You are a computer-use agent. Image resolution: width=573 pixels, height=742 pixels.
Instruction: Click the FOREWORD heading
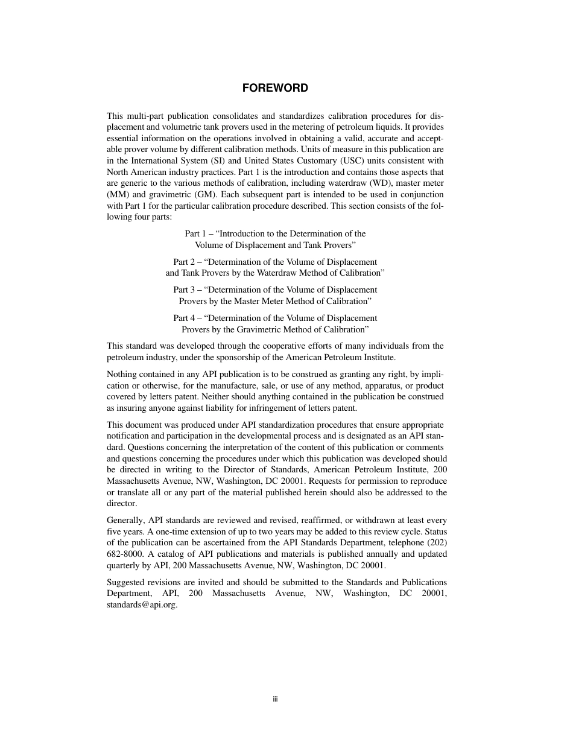[275, 88]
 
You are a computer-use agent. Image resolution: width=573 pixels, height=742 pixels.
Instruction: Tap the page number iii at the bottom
[274, 699]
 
